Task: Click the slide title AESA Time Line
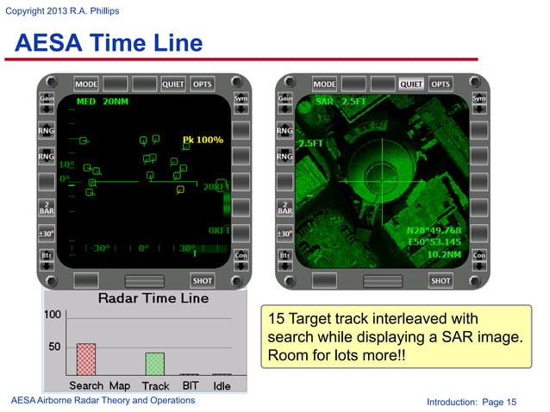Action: click(108, 42)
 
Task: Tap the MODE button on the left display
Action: click(86, 84)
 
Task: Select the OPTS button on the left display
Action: click(202, 84)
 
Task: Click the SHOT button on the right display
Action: click(440, 280)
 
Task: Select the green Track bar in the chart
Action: click(154, 363)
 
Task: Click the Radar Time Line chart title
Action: click(153, 298)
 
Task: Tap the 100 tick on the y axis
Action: click(53, 315)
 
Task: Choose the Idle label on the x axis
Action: click(222, 386)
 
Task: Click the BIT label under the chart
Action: click(190, 386)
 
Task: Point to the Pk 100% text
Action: click(203, 139)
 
